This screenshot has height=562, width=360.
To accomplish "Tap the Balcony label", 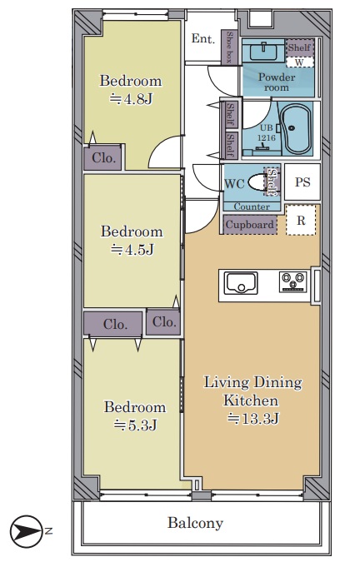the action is click(x=196, y=523).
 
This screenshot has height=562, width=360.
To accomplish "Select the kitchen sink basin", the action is click(x=241, y=283).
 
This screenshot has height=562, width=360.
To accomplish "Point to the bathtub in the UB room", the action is click(x=296, y=129).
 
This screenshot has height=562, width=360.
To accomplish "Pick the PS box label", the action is click(x=302, y=182).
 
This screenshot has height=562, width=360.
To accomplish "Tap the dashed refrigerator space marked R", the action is click(x=301, y=220).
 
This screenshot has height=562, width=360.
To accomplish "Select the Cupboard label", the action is click(x=249, y=225).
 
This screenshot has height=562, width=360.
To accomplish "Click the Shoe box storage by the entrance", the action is click(x=229, y=47).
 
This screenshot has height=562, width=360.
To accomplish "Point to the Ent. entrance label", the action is click(x=203, y=38).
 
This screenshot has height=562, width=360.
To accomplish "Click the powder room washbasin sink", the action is click(x=263, y=52).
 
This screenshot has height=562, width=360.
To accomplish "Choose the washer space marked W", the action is click(x=300, y=62).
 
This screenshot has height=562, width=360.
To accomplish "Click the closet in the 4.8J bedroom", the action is click(x=102, y=157).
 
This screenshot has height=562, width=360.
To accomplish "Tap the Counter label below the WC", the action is click(x=252, y=206).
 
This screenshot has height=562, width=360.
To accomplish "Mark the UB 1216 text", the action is click(x=267, y=132).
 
